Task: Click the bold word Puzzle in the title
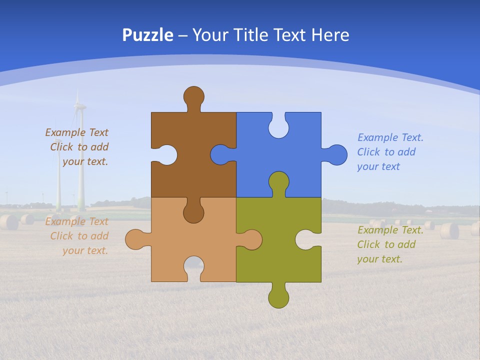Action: (148, 35)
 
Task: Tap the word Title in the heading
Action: (254, 35)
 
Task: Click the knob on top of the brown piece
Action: (193, 96)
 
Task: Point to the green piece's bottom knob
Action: (278, 297)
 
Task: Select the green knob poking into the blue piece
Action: (278, 182)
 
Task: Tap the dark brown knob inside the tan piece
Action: (193, 212)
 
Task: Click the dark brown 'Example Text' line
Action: (76, 132)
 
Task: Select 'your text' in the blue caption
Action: (378, 166)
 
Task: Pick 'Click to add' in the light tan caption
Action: (79, 236)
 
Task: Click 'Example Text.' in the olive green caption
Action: (390, 230)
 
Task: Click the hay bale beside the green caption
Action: (449, 230)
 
